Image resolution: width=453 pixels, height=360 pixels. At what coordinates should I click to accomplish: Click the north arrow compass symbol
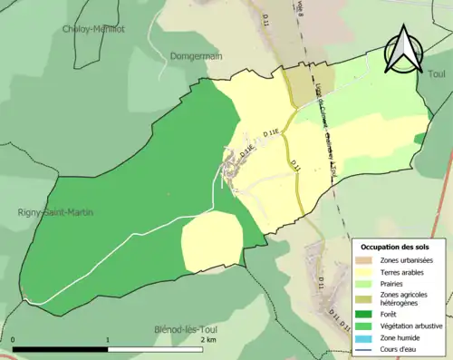pos(404,50)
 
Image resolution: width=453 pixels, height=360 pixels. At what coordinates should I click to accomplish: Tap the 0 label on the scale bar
pos(14,340)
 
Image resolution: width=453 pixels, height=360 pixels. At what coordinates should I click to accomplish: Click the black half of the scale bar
pos(61,349)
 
